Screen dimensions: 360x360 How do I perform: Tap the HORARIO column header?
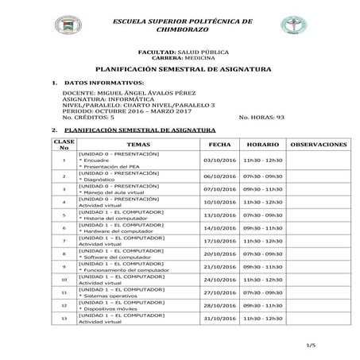[261, 145]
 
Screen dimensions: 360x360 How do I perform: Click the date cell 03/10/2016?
[220, 160]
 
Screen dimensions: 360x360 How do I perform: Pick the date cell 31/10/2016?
[220, 319]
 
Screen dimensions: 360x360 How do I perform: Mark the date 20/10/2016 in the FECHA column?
[220, 254]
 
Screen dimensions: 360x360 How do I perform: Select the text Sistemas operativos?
[111, 296]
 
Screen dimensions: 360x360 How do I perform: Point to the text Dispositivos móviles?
[112, 308]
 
